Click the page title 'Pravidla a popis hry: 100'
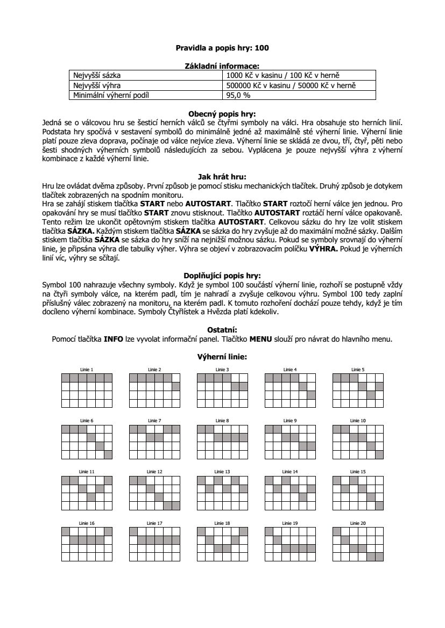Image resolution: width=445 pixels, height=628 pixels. click(x=222, y=48)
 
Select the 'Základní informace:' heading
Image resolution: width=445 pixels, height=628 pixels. click(x=222, y=66)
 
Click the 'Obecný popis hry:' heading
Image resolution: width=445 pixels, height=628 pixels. click(x=222, y=114)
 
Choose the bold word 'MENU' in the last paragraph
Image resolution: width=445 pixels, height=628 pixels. click(x=261, y=338)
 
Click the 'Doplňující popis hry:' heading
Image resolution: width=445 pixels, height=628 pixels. click(x=222, y=276)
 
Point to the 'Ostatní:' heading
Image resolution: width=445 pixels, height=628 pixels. click(x=222, y=329)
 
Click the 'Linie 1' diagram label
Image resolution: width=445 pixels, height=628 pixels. click(x=87, y=370)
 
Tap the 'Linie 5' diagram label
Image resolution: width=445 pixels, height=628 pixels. click(x=358, y=370)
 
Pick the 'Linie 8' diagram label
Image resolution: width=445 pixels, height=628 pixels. click(x=222, y=420)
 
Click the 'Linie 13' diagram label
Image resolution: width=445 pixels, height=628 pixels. click(x=222, y=471)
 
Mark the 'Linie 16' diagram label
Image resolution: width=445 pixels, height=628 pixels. click(x=87, y=523)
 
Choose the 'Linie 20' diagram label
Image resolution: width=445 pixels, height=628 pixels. click(x=358, y=523)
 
